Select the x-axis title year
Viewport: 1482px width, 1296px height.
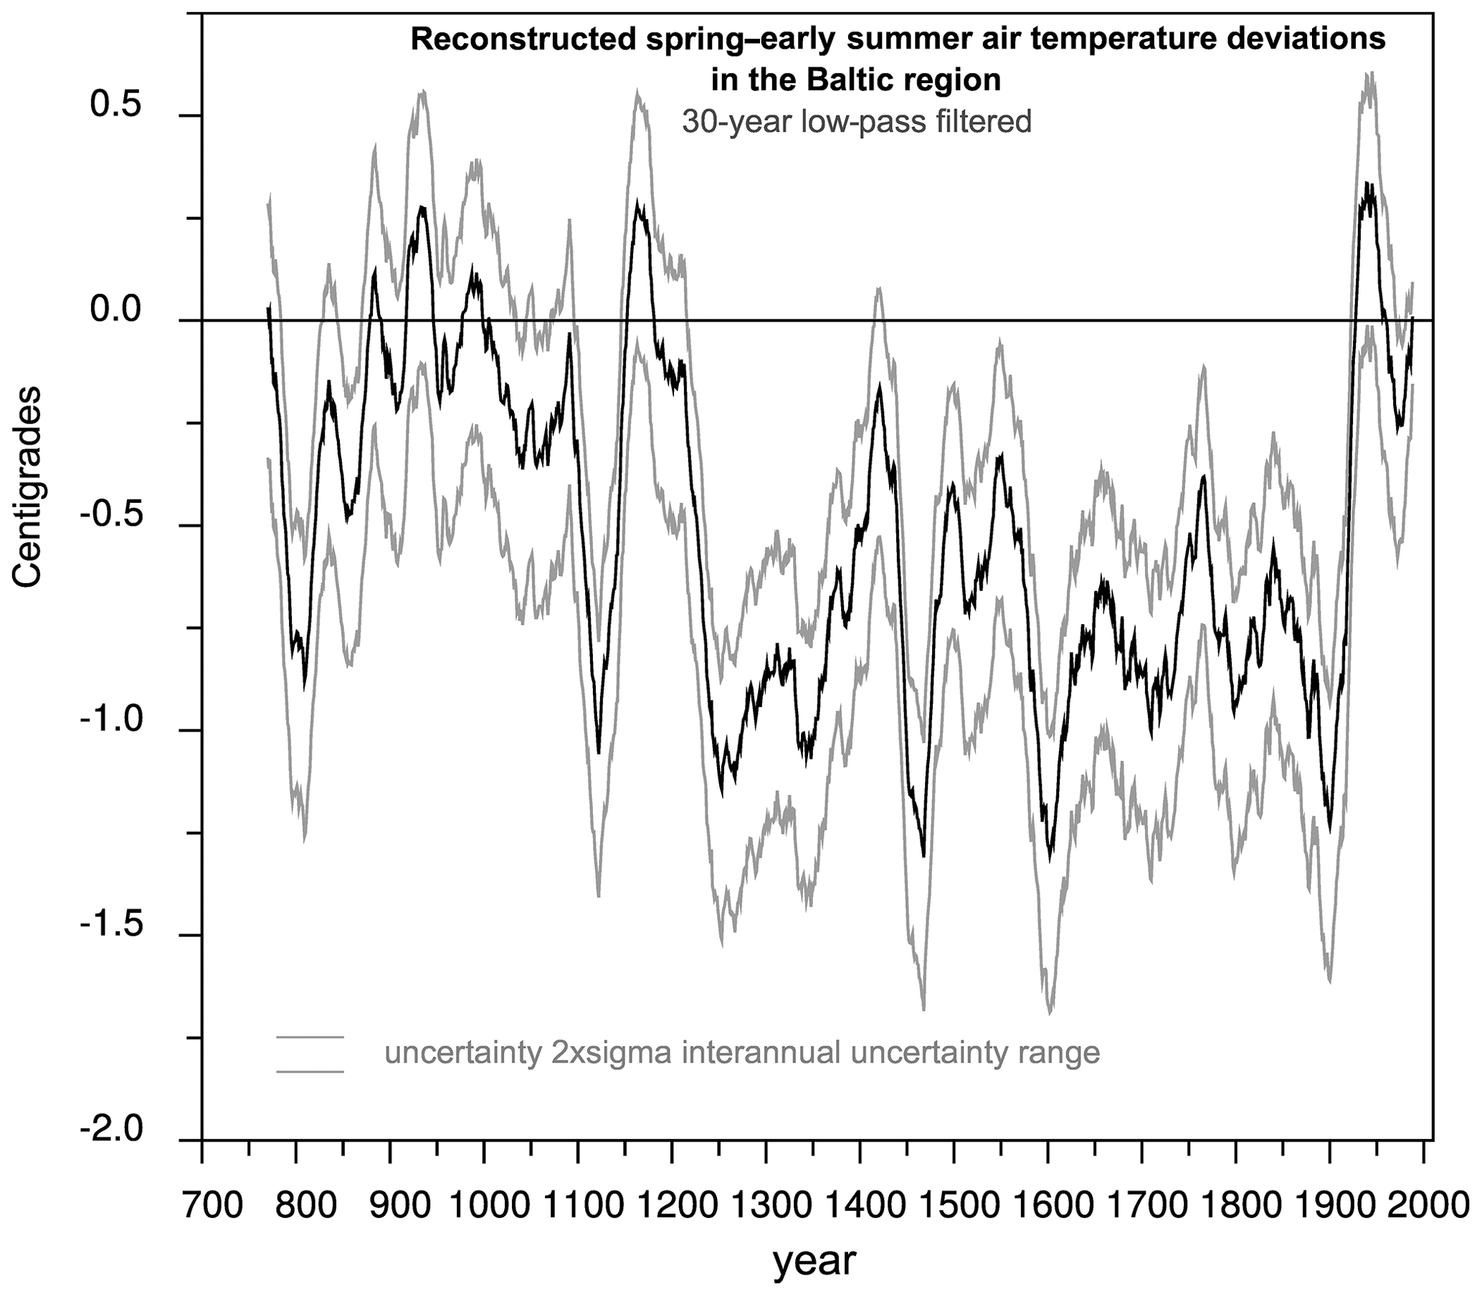[814, 1261]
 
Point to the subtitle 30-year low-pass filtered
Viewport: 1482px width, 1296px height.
[857, 123]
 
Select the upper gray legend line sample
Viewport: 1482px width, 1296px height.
[310, 1037]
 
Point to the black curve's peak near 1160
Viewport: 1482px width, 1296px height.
[637, 202]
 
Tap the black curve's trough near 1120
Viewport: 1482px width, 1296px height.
[599, 753]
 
